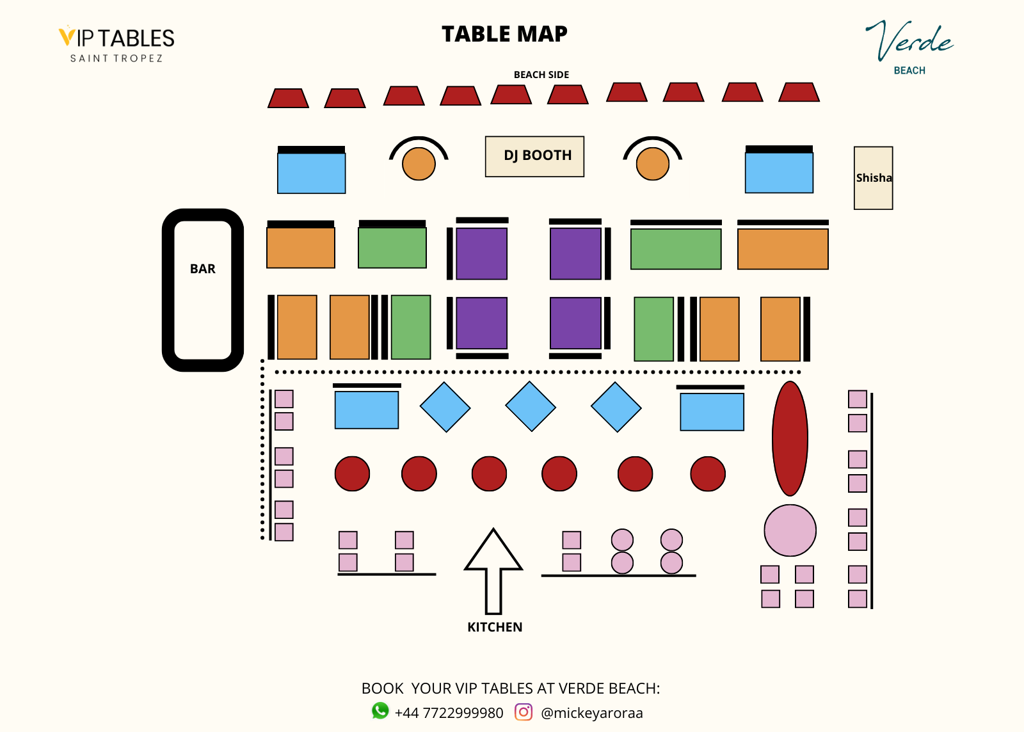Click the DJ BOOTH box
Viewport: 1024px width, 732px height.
(x=534, y=156)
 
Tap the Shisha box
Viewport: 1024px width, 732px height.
(x=873, y=178)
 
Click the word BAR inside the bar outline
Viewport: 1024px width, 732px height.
(x=202, y=269)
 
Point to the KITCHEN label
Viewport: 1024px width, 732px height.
(x=495, y=627)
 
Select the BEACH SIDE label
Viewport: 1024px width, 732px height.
(x=541, y=75)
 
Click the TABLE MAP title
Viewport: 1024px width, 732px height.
(x=504, y=34)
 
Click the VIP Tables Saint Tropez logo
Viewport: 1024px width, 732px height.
(x=116, y=44)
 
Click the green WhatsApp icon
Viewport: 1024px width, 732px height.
(x=380, y=711)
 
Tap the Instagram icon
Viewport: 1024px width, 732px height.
(x=524, y=712)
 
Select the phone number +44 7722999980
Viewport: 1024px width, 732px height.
(x=449, y=713)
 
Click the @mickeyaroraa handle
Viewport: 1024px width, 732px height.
(x=591, y=713)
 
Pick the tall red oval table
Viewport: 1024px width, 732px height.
(x=790, y=438)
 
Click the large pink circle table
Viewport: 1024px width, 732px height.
(x=790, y=530)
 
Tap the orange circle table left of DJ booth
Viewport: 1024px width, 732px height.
(x=419, y=164)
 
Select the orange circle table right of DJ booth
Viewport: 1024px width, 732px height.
(x=652, y=164)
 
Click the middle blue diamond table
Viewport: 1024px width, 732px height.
(x=531, y=407)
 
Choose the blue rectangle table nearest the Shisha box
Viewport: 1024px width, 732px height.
(x=779, y=172)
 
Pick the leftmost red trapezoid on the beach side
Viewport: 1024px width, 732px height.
(x=288, y=99)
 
